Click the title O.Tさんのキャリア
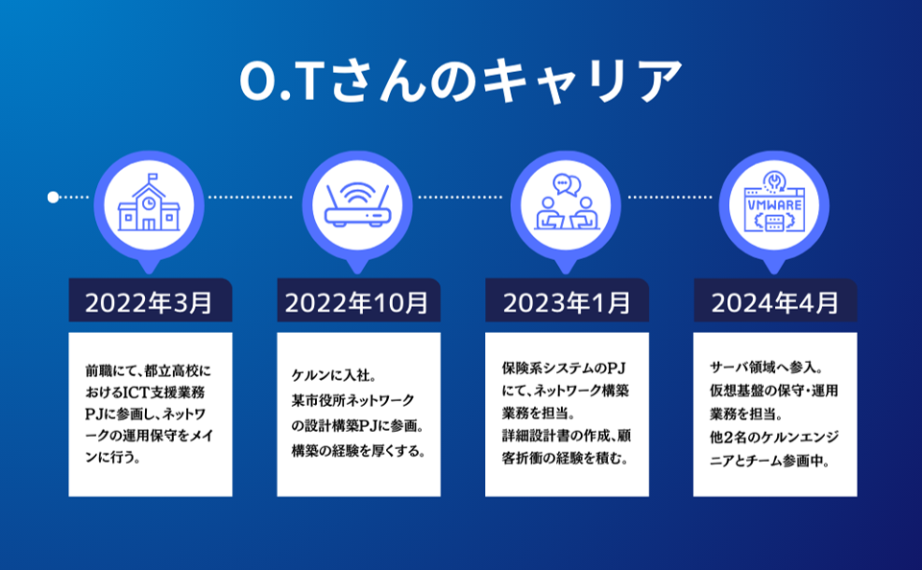click(x=460, y=81)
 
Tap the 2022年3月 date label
click(x=150, y=302)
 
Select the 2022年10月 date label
click(x=357, y=302)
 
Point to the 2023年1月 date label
click(x=567, y=302)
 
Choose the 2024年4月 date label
click(x=775, y=302)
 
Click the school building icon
click(x=149, y=202)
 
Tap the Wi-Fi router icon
click(x=357, y=204)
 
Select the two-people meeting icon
click(x=567, y=202)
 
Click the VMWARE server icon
click(x=774, y=202)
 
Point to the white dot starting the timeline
click(x=53, y=198)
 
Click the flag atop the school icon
click(x=153, y=177)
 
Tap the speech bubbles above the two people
click(x=567, y=184)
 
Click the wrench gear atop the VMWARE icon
click(x=774, y=180)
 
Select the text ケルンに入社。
click(x=334, y=375)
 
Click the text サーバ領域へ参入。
click(x=766, y=368)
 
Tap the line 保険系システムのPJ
click(x=564, y=368)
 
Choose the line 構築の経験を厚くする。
click(x=358, y=451)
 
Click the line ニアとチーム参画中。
click(x=769, y=461)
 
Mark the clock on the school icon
click(x=149, y=202)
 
